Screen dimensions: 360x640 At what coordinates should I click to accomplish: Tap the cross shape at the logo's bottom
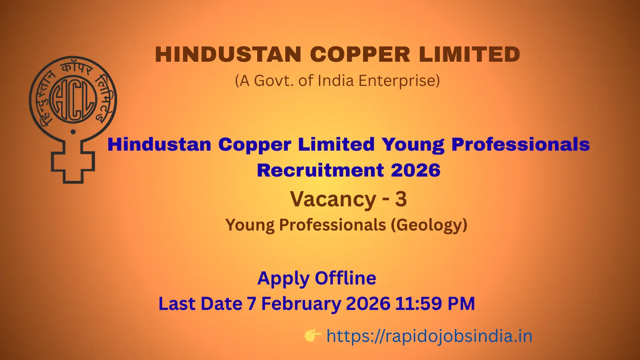coord(73,162)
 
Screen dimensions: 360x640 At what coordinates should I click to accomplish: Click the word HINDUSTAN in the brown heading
coord(228,55)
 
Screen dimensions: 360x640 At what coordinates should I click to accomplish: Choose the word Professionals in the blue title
coord(520,144)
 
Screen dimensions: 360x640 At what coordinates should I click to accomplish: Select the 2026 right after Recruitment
coord(416,170)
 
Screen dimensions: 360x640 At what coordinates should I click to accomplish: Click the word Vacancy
coord(333,199)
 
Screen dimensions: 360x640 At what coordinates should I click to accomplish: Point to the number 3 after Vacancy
coord(401,199)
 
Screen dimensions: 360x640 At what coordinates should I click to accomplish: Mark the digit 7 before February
coord(251,304)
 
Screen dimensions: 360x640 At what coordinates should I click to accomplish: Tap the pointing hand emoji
coord(313,335)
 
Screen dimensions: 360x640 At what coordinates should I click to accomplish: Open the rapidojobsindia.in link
coord(429,336)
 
